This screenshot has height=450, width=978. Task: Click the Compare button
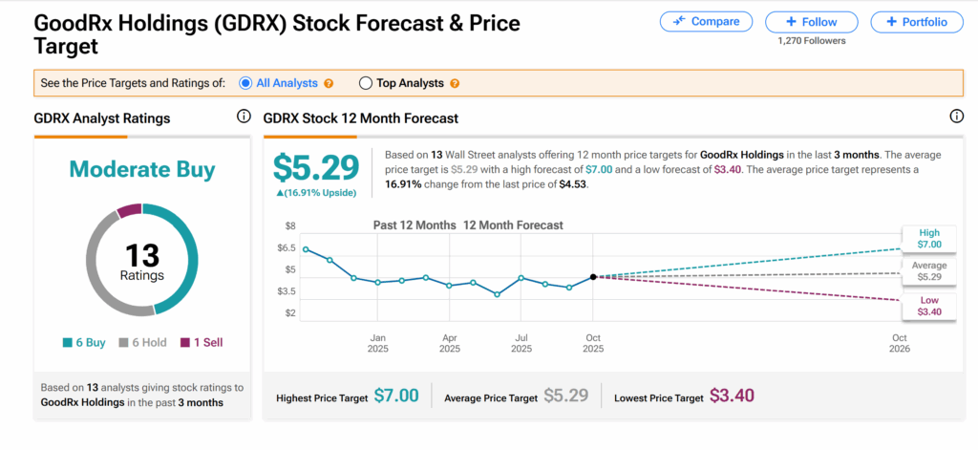(x=706, y=21)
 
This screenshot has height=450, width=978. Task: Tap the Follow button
(x=813, y=21)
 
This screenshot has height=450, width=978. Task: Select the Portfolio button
(x=916, y=21)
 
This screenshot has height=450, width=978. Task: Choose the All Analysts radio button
(x=246, y=83)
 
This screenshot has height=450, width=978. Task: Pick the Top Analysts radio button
(x=365, y=83)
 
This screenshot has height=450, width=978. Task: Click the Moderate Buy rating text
(x=141, y=170)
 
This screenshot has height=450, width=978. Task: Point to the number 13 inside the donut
(x=141, y=253)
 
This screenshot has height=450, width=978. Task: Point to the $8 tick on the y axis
(x=290, y=226)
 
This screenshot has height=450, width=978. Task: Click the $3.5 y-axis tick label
(x=287, y=290)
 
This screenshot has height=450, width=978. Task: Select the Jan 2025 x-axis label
(x=377, y=343)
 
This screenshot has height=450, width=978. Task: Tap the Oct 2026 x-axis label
(x=899, y=343)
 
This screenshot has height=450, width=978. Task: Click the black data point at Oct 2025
(x=593, y=277)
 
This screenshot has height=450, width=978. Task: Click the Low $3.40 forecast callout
(x=928, y=306)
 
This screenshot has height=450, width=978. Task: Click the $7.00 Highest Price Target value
(x=395, y=396)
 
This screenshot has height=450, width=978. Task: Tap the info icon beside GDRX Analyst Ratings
(x=243, y=117)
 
